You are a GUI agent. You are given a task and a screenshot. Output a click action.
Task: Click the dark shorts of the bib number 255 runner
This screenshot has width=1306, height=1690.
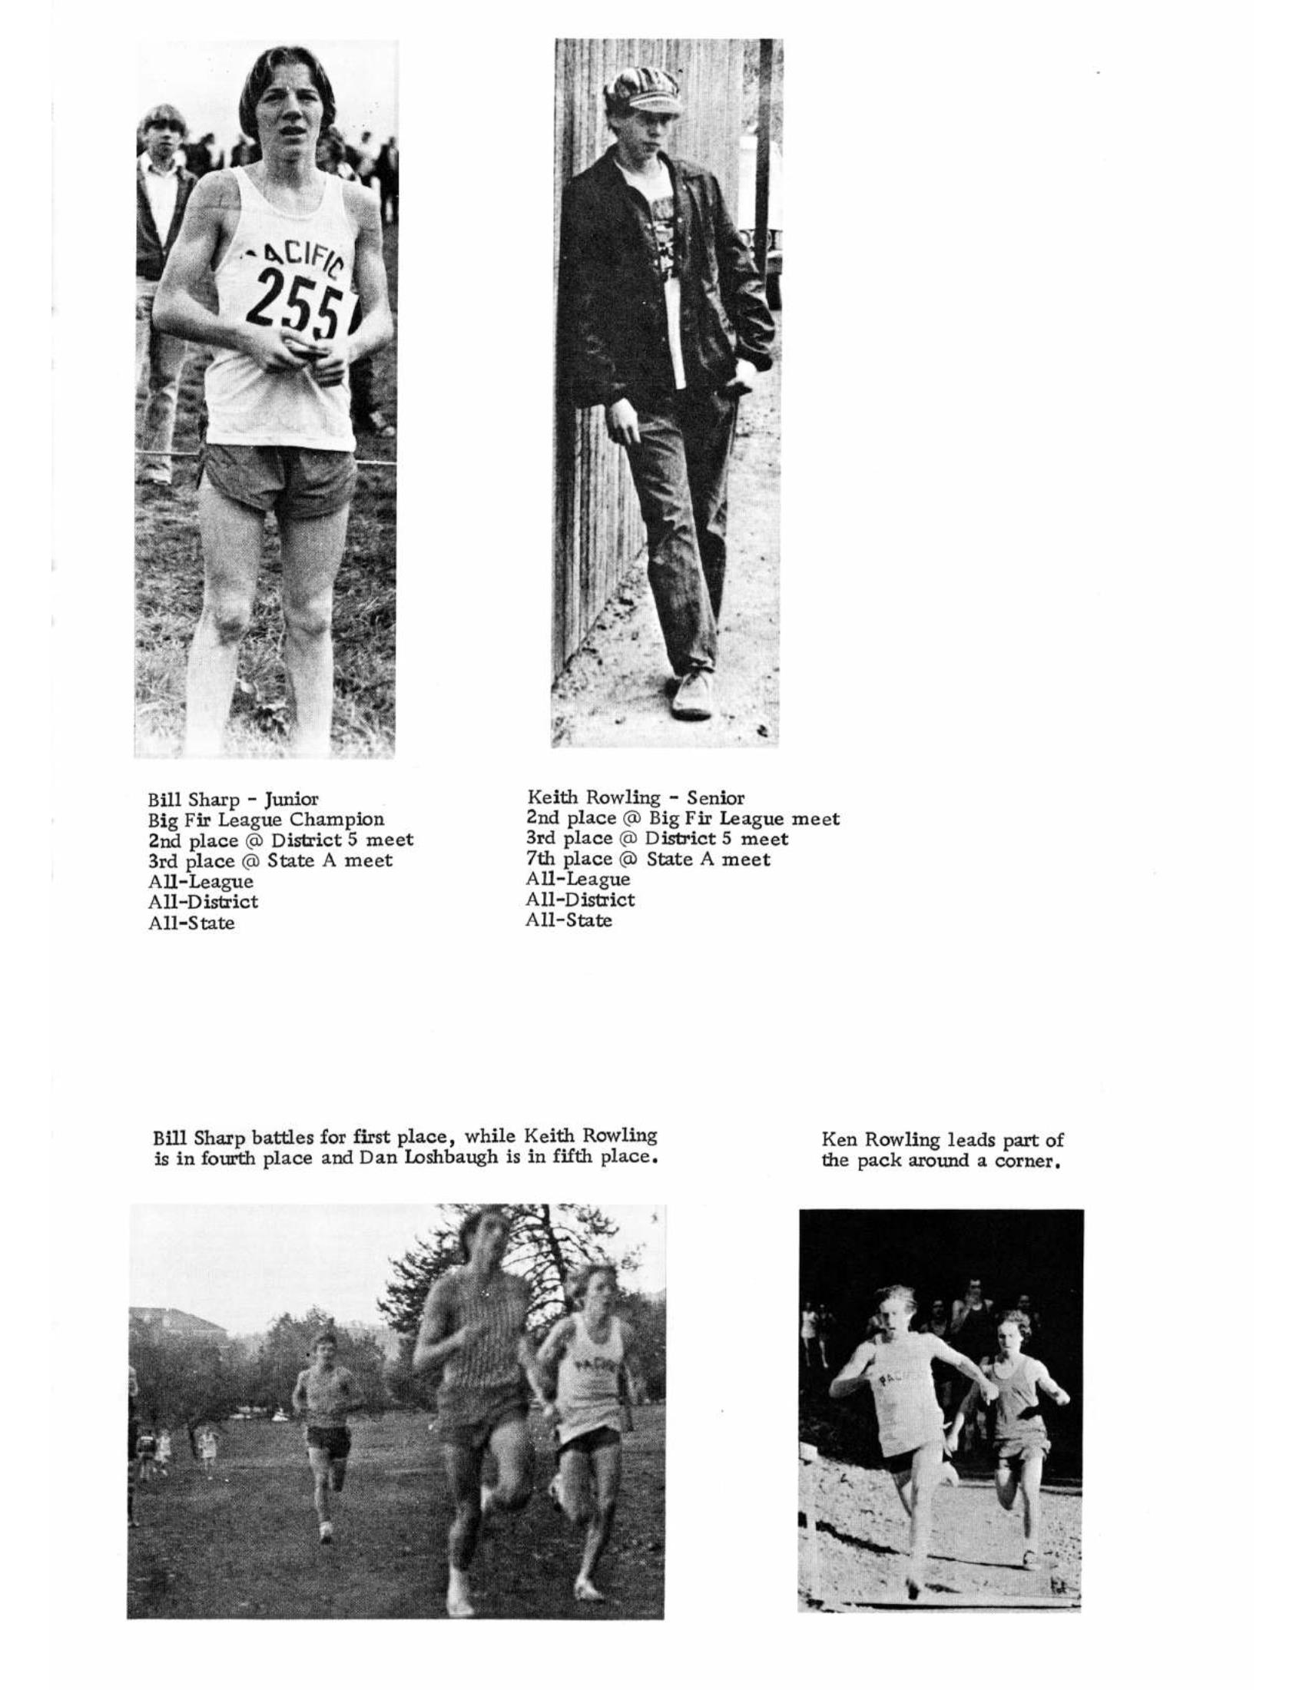click(x=279, y=479)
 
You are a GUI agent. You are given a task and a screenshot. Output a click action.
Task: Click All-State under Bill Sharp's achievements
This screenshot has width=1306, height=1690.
click(x=191, y=923)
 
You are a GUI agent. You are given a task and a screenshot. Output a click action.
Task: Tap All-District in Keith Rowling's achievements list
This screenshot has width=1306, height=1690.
click(x=580, y=900)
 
